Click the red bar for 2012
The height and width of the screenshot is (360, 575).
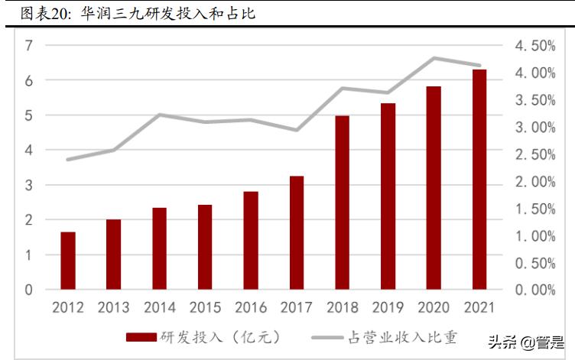coord(68,261)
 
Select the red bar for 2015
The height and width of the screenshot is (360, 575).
coord(205,247)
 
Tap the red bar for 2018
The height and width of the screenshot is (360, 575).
coord(342,203)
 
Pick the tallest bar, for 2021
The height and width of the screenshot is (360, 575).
coord(479,179)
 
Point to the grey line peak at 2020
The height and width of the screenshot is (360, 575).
coord(434,58)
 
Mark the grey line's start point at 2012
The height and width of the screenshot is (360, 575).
coord(68,160)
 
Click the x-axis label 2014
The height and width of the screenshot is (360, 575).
coord(159,307)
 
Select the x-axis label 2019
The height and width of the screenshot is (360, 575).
coord(388,307)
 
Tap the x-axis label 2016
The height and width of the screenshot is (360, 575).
coord(251,307)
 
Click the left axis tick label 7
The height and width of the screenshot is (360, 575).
coord(29,45)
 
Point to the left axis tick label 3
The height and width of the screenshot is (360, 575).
coord(29,185)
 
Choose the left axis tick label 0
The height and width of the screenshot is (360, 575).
coord(29,290)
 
